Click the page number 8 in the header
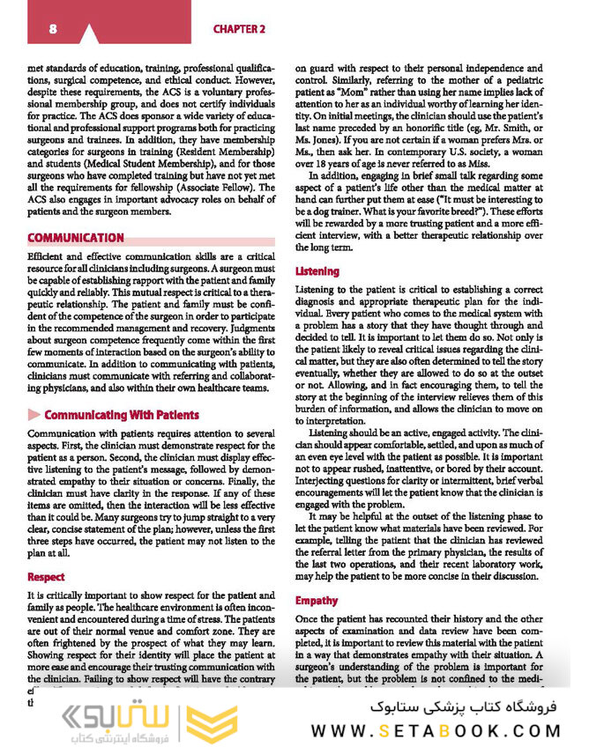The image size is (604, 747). (54, 28)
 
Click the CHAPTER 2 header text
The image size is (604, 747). (239, 29)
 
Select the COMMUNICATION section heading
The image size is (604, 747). (76, 238)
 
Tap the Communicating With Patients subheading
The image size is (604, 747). (122, 415)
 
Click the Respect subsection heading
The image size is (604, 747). (46, 578)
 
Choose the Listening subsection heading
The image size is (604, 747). (316, 271)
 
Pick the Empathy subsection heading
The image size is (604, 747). (317, 601)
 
